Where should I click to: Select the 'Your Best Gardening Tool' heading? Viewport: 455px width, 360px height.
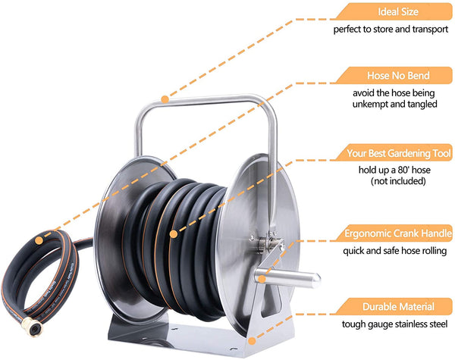click(x=399, y=153)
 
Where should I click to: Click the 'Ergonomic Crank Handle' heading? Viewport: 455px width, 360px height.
click(x=398, y=233)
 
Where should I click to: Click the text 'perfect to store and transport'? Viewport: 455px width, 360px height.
click(x=391, y=30)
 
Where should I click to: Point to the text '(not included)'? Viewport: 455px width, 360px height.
click(x=398, y=181)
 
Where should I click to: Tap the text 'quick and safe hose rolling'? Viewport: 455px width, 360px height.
click(x=394, y=251)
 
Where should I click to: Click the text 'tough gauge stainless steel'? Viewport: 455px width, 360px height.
click(x=394, y=324)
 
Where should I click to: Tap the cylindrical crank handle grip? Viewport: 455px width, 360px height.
click(x=288, y=277)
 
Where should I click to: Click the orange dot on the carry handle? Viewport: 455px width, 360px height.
click(x=165, y=99)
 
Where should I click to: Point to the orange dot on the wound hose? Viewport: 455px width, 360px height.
click(x=174, y=234)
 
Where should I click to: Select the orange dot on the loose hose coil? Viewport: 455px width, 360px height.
click(x=39, y=240)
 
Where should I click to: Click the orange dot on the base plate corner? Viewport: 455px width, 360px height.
click(x=252, y=341)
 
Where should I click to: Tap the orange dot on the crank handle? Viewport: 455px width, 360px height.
click(x=262, y=280)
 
